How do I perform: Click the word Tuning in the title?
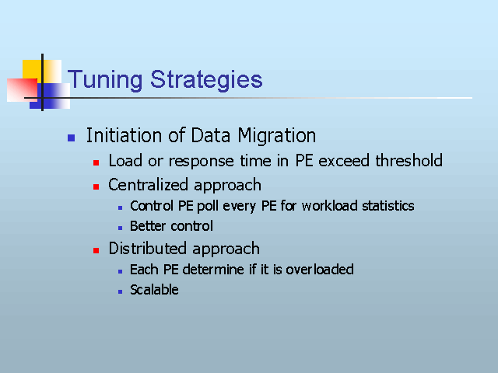tap(105, 80)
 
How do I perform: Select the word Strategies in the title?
tap(206, 80)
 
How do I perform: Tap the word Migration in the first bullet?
tap(277, 137)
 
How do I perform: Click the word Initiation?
tap(124, 134)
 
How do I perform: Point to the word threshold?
tap(409, 160)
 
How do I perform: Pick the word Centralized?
tap(149, 185)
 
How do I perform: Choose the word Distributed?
tap(148, 249)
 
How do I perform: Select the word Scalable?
tap(154, 290)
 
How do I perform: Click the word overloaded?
tap(320, 270)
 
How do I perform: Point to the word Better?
tap(148, 226)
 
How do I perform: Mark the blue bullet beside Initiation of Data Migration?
tap(71, 138)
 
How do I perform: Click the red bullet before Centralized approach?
tap(96, 186)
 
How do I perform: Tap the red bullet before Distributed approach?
tap(96, 250)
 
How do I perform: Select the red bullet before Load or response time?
tap(96, 162)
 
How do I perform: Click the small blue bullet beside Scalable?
tap(120, 291)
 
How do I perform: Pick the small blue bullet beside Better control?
tap(120, 228)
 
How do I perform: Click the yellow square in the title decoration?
tap(32, 70)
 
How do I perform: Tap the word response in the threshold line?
tap(202, 162)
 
